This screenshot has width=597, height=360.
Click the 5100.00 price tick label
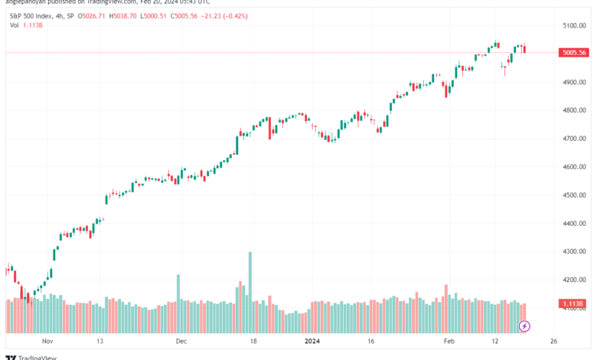click(x=574, y=25)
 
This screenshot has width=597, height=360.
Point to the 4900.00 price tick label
click(x=574, y=82)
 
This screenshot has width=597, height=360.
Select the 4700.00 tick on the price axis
click(x=574, y=139)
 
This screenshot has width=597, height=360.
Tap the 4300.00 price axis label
click(x=574, y=252)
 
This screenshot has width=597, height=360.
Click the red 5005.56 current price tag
click(x=574, y=53)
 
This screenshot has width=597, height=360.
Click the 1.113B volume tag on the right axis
click(x=574, y=304)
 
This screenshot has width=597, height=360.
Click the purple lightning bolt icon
click(x=524, y=326)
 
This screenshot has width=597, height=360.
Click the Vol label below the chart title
click(x=15, y=25)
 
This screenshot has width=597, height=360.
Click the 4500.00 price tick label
click(x=574, y=195)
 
